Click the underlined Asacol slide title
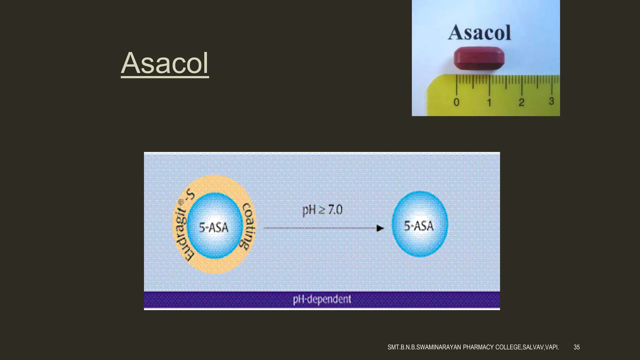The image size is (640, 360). [165, 63]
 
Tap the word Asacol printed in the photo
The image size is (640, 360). [479, 33]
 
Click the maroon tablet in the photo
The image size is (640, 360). [479, 58]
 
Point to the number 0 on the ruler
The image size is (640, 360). [456, 102]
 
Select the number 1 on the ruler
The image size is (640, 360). [489, 102]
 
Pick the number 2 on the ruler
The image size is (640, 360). [521, 102]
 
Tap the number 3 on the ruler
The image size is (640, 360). [551, 101]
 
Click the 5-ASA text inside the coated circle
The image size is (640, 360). [214, 227]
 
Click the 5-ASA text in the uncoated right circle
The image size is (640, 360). [419, 226]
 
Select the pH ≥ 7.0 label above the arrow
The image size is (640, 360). [322, 210]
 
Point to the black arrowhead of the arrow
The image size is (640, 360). [380, 228]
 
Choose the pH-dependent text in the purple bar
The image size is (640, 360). [322, 299]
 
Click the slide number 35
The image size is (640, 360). [577, 347]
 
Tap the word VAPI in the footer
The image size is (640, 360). [552, 347]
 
